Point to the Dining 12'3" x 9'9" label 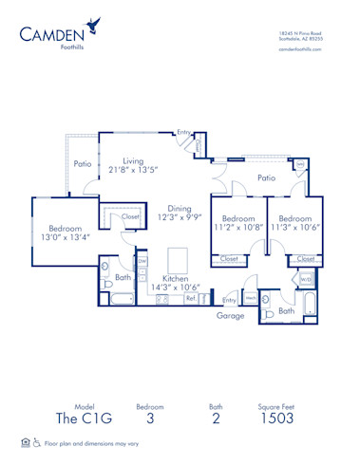pos(180,214)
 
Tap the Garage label pos(230,315)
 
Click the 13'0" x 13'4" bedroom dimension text pos(66,238)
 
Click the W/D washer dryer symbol pos(306,280)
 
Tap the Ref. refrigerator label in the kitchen pos(190,299)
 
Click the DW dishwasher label pos(142,261)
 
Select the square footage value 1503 pos(276,418)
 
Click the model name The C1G pos(75,418)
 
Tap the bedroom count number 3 pos(150,418)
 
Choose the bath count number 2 pos(216,418)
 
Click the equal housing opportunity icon pos(26,442)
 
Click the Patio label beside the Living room pos(84,163)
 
